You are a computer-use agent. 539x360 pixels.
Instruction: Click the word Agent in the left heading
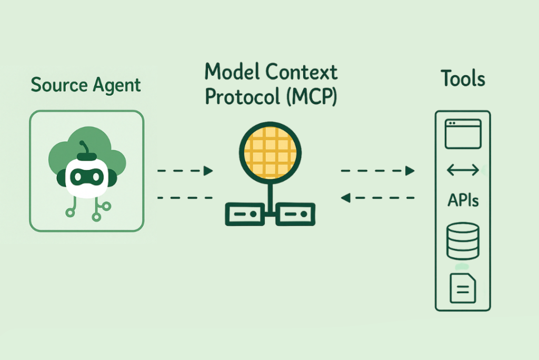tap(116, 85)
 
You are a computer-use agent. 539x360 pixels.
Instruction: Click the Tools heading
tap(463, 79)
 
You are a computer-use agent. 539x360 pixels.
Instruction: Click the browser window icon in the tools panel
tap(463, 134)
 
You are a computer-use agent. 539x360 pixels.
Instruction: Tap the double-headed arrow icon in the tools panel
tap(462, 170)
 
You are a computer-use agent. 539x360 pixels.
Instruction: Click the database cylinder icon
tap(463, 241)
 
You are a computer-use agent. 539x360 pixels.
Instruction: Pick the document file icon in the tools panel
tap(463, 288)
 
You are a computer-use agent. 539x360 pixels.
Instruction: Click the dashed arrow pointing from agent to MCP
tap(185, 171)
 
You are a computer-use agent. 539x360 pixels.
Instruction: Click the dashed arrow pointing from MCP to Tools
tap(377, 171)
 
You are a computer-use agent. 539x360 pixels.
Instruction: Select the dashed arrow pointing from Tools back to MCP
tap(377, 198)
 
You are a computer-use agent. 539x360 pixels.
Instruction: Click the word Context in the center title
tap(302, 71)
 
